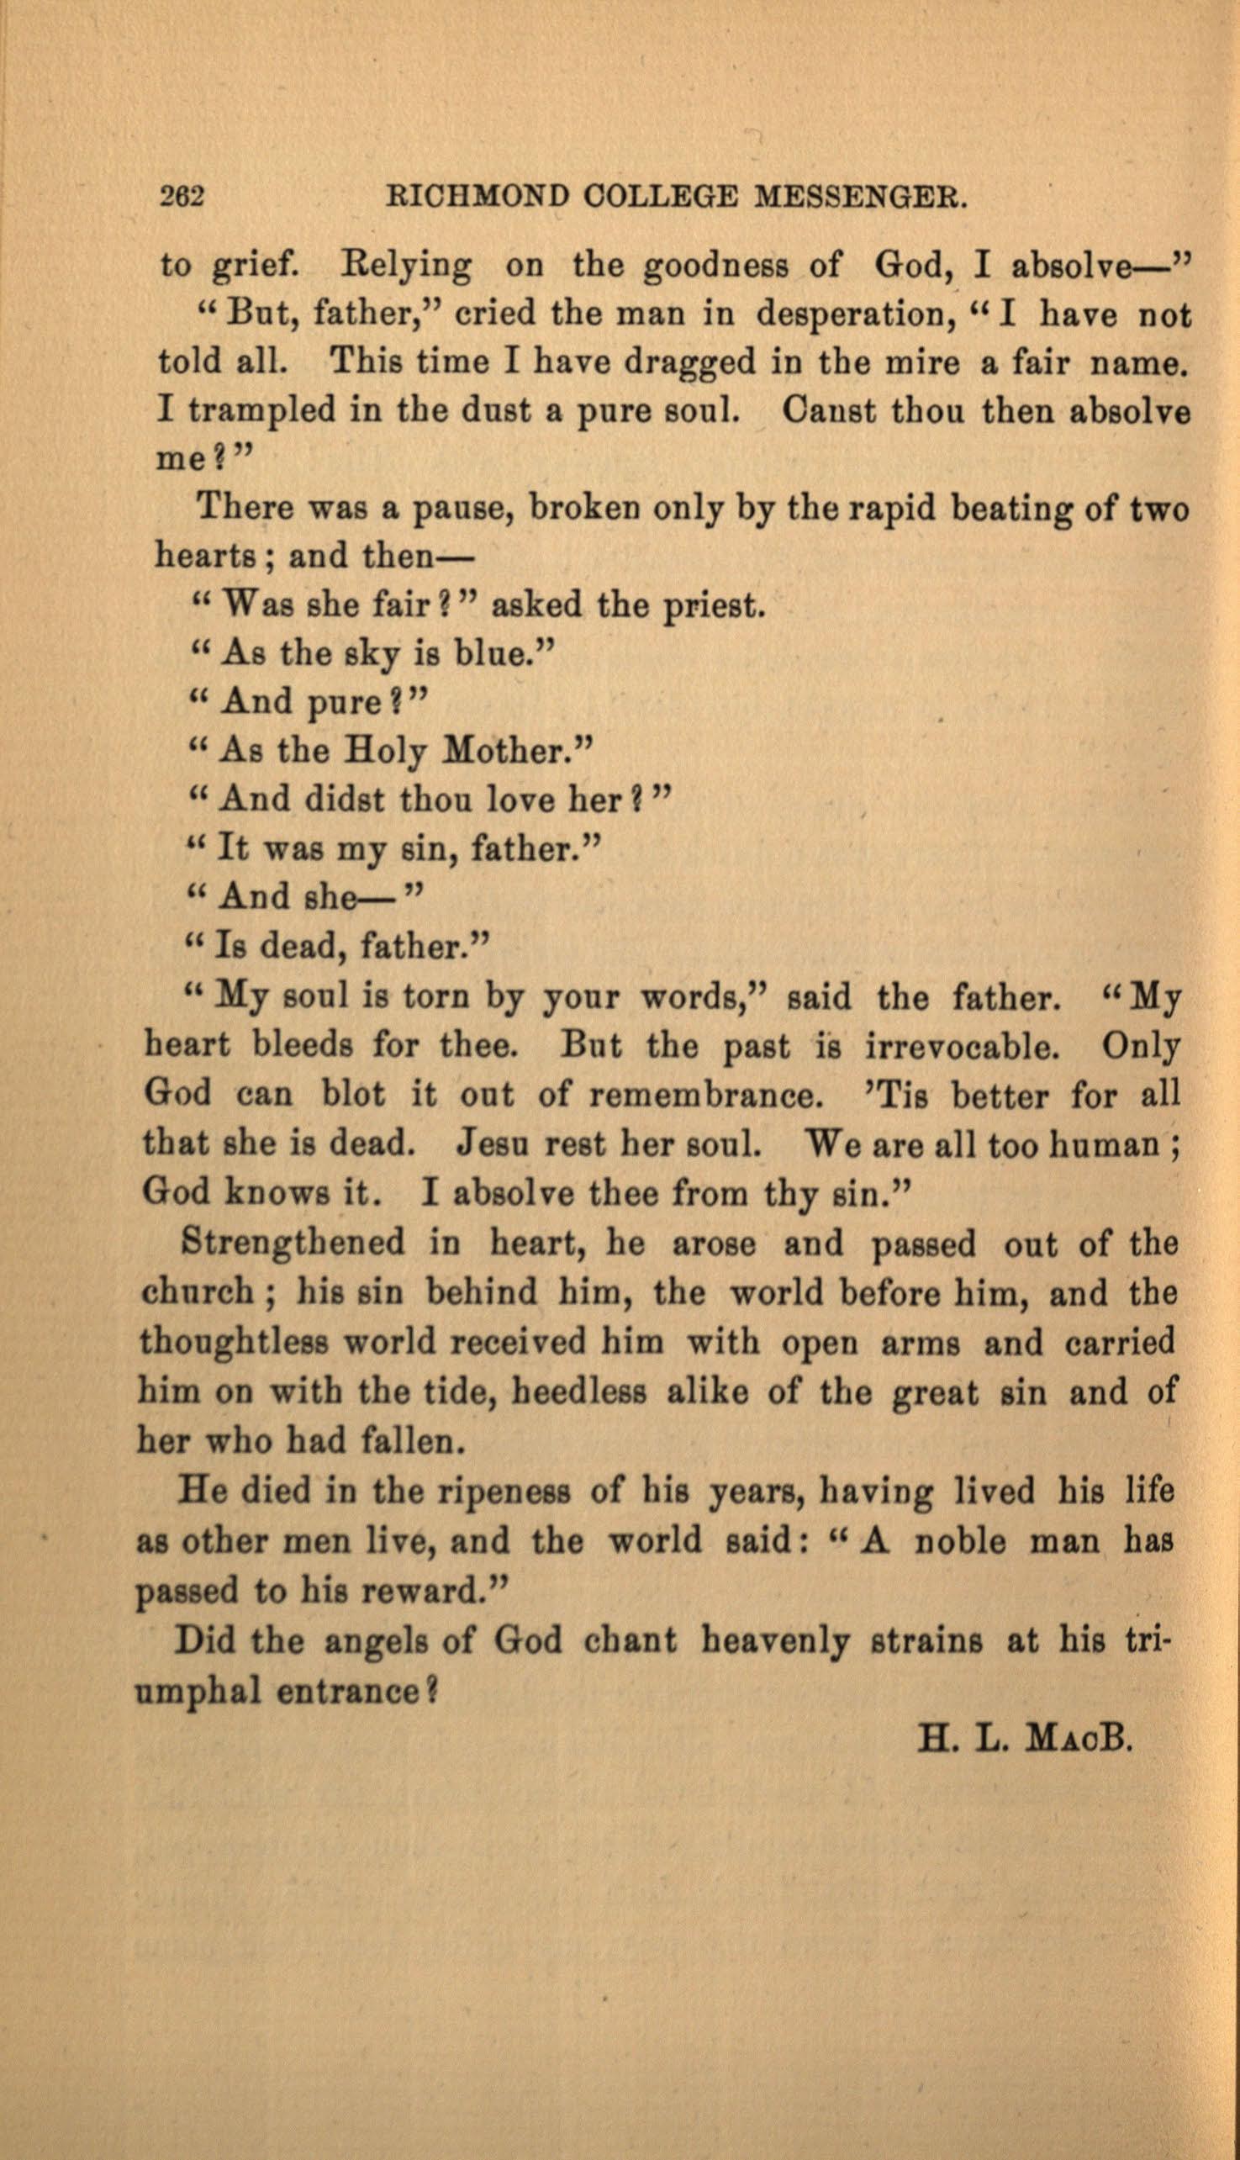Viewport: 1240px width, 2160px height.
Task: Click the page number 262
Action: (x=182, y=198)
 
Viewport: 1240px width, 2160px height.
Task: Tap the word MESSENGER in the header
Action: (x=862, y=198)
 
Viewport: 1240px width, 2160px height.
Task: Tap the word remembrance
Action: (x=707, y=1094)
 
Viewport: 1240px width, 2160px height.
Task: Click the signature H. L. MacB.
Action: (x=1025, y=1738)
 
